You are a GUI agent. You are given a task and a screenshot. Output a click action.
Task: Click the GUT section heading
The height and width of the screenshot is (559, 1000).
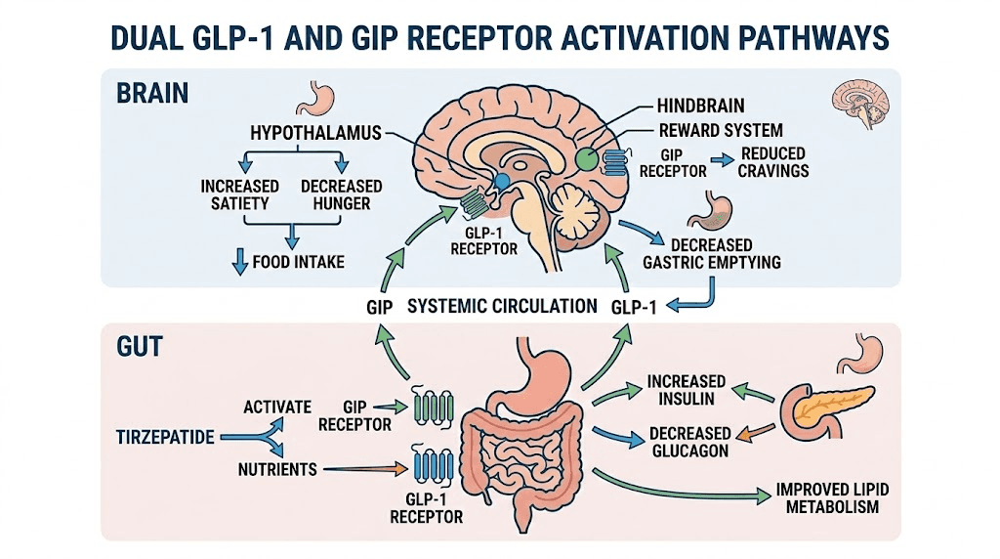(x=140, y=347)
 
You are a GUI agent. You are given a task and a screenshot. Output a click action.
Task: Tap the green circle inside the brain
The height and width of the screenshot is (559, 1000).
(x=587, y=158)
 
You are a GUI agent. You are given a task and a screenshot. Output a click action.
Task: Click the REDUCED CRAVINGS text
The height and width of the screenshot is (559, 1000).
(x=774, y=161)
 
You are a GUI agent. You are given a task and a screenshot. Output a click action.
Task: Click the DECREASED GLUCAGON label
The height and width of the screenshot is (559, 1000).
(x=691, y=441)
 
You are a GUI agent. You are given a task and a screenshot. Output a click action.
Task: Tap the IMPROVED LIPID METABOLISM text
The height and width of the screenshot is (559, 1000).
(x=827, y=497)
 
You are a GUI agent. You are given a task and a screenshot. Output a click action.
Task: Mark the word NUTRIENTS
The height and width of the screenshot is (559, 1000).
(x=277, y=469)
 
